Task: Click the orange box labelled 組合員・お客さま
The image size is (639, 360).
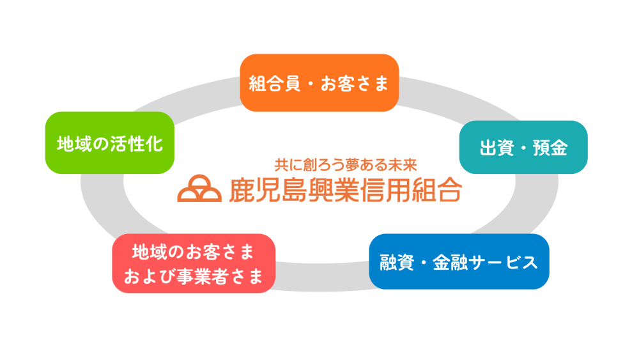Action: (319, 82)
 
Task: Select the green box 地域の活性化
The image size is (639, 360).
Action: (110, 143)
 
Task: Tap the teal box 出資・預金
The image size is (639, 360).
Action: (523, 147)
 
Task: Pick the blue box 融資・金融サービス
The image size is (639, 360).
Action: (459, 262)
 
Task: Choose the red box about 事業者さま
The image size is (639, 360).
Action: (194, 263)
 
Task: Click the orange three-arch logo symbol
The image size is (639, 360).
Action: (199, 189)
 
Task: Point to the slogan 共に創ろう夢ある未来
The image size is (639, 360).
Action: (346, 165)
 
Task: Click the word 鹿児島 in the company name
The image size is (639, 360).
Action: (267, 190)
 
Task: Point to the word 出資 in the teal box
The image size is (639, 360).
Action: (497, 148)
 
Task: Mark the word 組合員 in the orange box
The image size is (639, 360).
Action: (274, 84)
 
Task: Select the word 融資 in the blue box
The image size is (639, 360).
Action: (397, 263)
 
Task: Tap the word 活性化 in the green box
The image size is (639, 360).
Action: (137, 144)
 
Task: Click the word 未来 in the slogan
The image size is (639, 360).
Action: (403, 165)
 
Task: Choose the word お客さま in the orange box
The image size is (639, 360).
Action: (355, 84)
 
